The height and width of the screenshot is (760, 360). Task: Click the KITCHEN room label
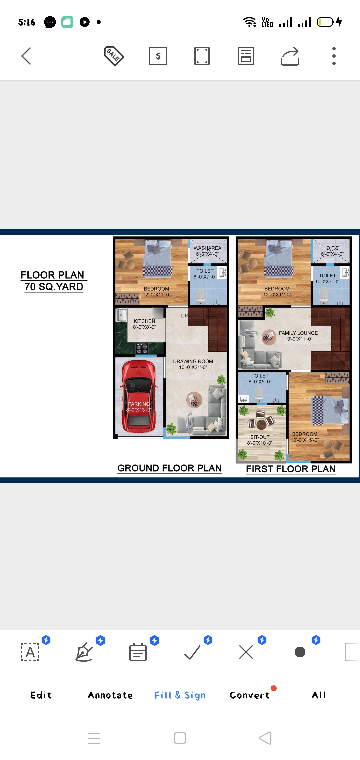(x=144, y=321)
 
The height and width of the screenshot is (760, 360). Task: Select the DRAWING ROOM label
(x=193, y=361)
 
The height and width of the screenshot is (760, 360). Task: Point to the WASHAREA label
(x=207, y=248)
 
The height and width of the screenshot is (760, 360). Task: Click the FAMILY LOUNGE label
(x=298, y=333)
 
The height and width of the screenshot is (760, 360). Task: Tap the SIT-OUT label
(x=260, y=437)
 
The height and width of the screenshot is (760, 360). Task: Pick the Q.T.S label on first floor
(x=332, y=248)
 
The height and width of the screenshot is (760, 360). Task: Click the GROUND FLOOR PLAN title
(x=169, y=468)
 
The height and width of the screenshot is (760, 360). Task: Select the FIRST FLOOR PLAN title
(x=291, y=469)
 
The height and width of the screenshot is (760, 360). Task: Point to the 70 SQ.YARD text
(x=54, y=287)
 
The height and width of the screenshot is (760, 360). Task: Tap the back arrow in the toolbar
(x=26, y=56)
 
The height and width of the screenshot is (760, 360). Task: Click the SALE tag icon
(x=114, y=56)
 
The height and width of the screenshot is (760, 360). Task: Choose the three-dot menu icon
(x=334, y=56)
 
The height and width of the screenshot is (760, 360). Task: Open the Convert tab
(x=249, y=695)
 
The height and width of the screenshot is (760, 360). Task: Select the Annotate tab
(x=110, y=695)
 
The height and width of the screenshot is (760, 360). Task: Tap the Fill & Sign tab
(x=180, y=695)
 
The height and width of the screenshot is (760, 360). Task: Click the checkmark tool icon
(x=192, y=652)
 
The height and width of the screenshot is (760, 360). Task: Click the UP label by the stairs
(x=184, y=315)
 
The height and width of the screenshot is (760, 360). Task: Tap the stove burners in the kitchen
(x=142, y=349)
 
